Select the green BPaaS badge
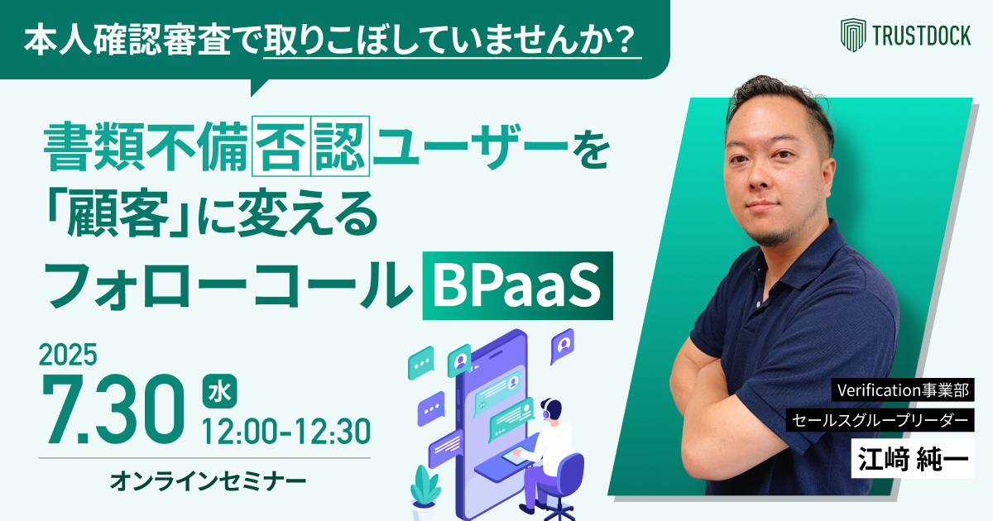click(x=517, y=285)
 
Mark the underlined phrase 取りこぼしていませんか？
click(x=451, y=39)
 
